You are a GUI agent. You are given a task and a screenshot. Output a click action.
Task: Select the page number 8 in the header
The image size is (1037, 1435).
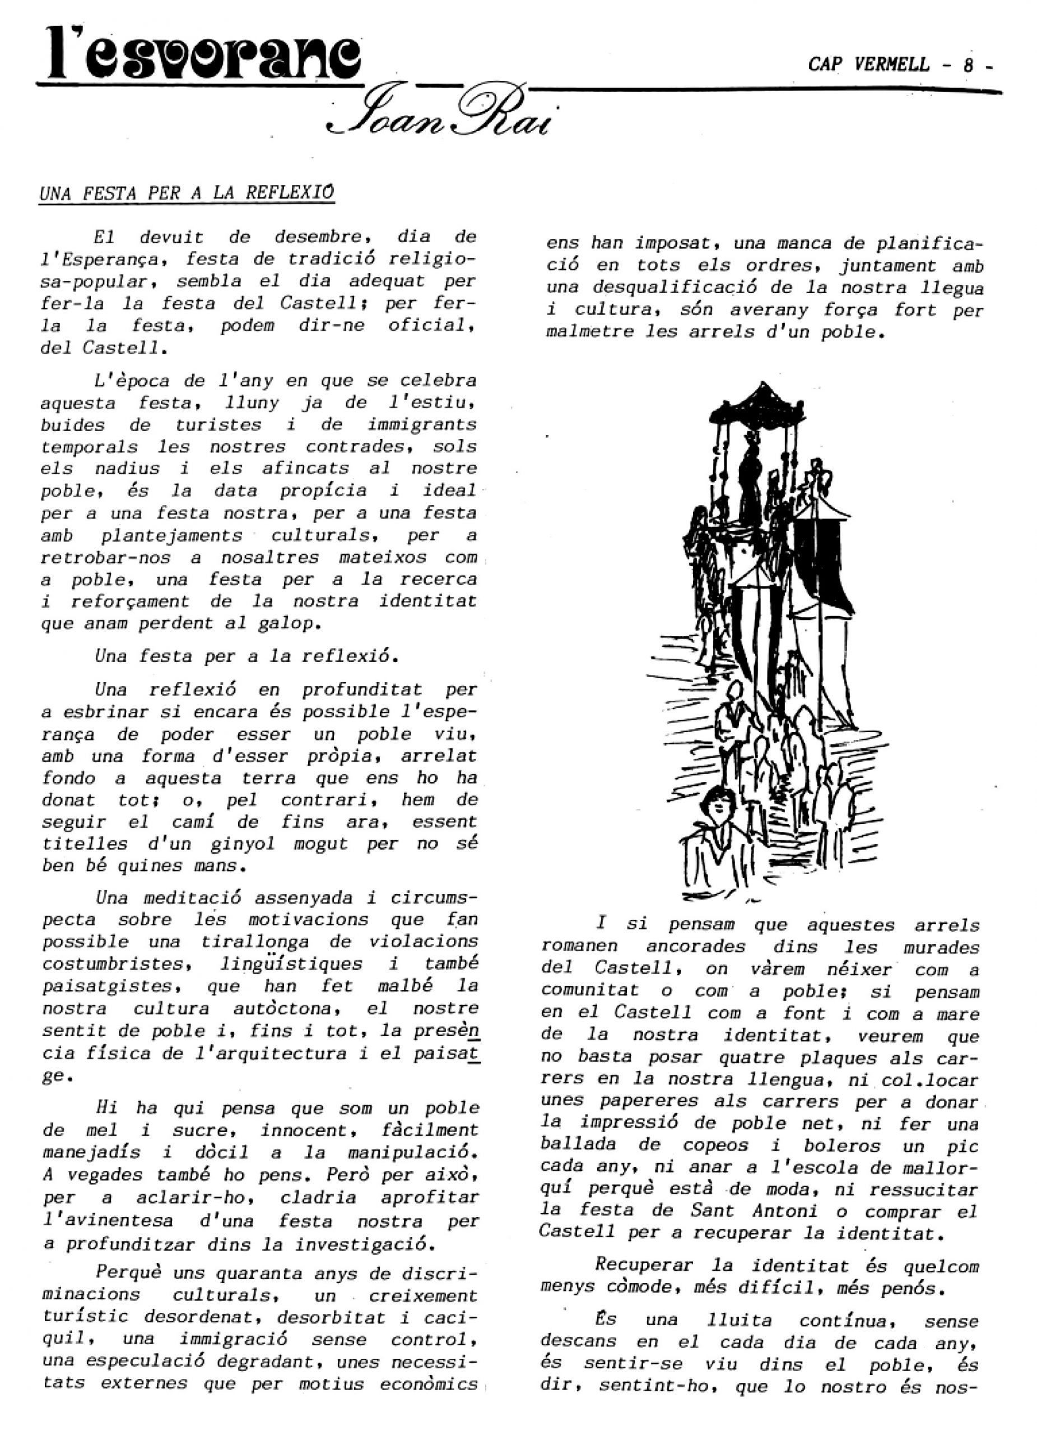pyautogui.click(x=968, y=65)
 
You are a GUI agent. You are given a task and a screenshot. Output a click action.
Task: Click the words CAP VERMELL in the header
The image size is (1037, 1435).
pyautogui.click(x=869, y=64)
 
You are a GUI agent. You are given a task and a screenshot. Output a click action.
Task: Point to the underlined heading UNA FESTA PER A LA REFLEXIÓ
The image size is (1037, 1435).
pyautogui.click(x=187, y=193)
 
